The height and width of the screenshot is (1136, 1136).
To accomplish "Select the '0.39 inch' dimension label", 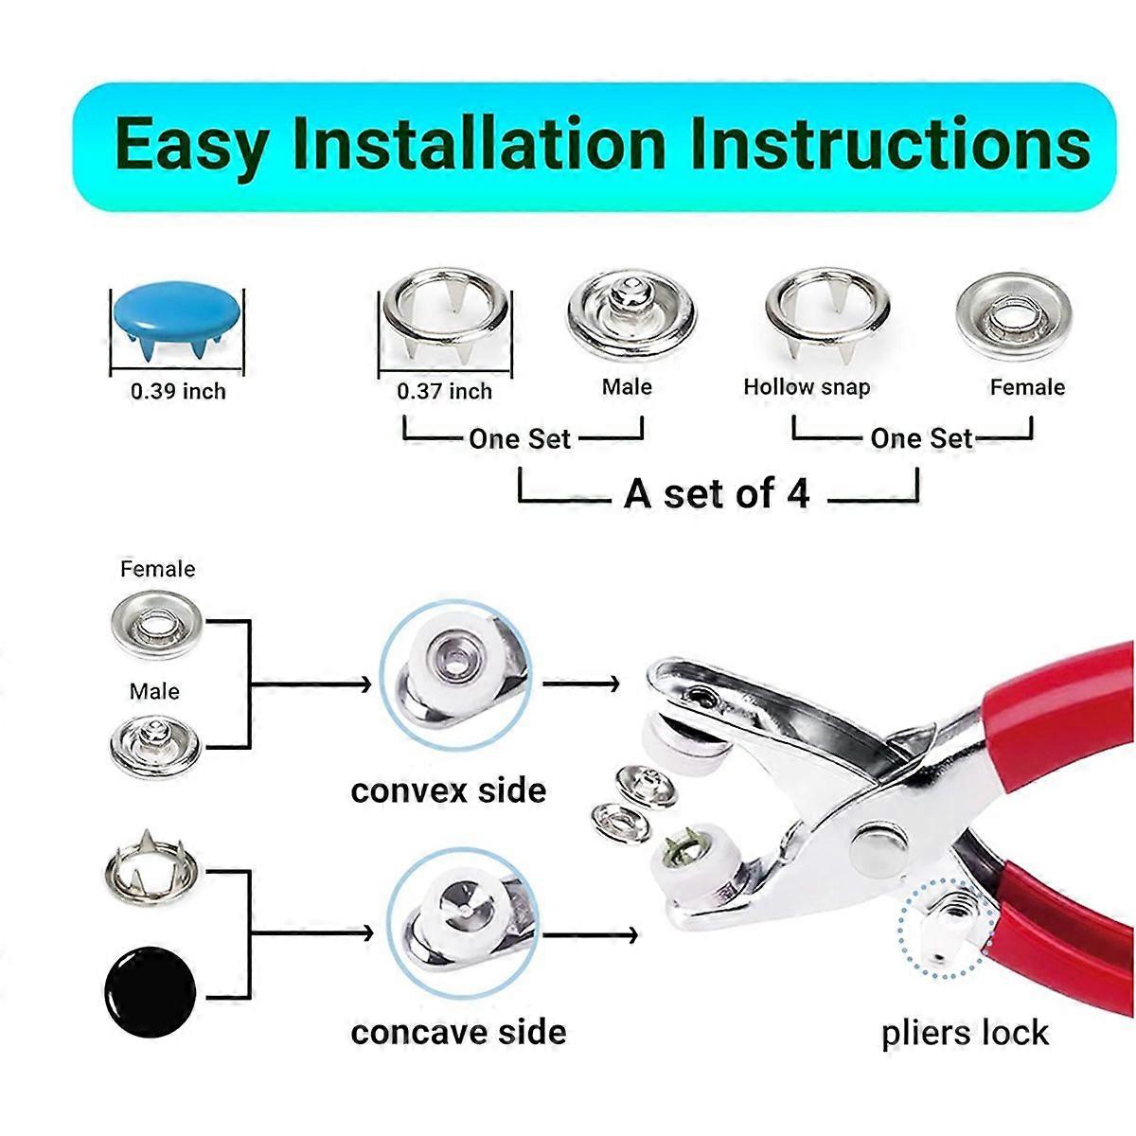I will tap(178, 391).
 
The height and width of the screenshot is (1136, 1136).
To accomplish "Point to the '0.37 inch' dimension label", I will tap(444, 391).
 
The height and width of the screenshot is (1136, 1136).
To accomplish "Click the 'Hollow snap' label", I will tap(807, 386).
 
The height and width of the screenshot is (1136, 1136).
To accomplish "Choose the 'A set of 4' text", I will tap(717, 493).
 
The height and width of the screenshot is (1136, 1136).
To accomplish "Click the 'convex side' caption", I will tap(448, 790).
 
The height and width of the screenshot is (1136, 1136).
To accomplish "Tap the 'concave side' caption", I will tap(458, 1032).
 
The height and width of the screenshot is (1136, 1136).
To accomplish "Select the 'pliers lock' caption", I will tap(965, 1032).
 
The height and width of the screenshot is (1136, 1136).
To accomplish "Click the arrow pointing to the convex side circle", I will tap(312, 683).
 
